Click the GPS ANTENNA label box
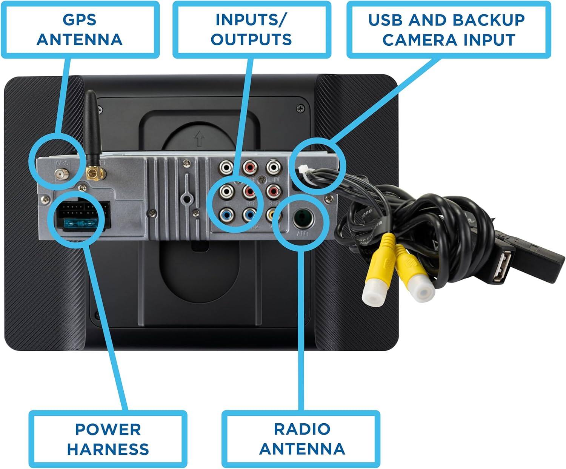coord(80,29)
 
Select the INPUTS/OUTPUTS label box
coord(251,29)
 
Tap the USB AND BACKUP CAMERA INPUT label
coord(448,29)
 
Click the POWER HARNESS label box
coord(108,439)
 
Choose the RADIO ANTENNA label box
coord(301,439)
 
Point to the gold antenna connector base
coord(92,173)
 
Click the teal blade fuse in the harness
coord(79,225)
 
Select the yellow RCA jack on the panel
coord(272,216)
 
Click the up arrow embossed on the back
coord(199,139)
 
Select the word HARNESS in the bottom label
coord(108,449)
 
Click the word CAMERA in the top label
coord(416,40)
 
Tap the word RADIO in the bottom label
coord(302,429)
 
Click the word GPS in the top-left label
coord(80,20)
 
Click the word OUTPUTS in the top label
coord(251,40)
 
